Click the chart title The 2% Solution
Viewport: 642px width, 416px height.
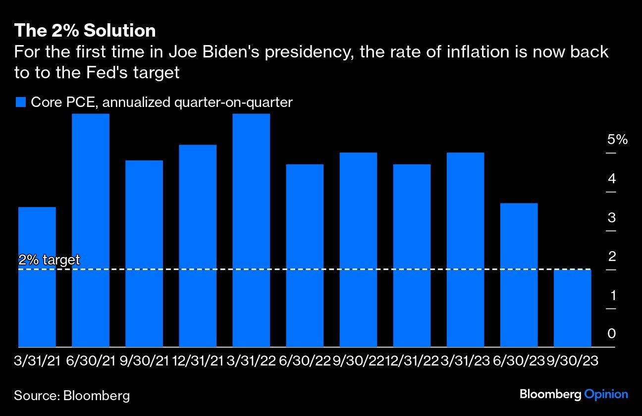pos(85,31)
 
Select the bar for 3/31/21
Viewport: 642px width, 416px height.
pos(37,277)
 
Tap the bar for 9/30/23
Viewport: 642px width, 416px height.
pos(572,308)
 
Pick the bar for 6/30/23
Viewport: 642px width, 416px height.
pos(519,275)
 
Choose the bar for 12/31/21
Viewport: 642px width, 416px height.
pos(198,246)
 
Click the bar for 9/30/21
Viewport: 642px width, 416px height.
pos(144,254)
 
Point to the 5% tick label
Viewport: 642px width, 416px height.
pos(617,140)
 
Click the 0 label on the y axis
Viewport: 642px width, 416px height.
pos(612,334)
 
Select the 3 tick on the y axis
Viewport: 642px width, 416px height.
pos(612,217)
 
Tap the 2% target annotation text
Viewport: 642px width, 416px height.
pos(49,260)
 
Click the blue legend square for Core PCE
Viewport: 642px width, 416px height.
pos(20,103)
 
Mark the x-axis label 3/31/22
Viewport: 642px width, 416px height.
pos(251,361)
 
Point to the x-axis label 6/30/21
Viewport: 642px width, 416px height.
pos(91,361)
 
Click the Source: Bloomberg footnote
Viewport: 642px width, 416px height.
pos(72,395)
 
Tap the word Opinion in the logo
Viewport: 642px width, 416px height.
pos(606,394)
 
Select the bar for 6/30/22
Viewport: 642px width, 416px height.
pos(305,256)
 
